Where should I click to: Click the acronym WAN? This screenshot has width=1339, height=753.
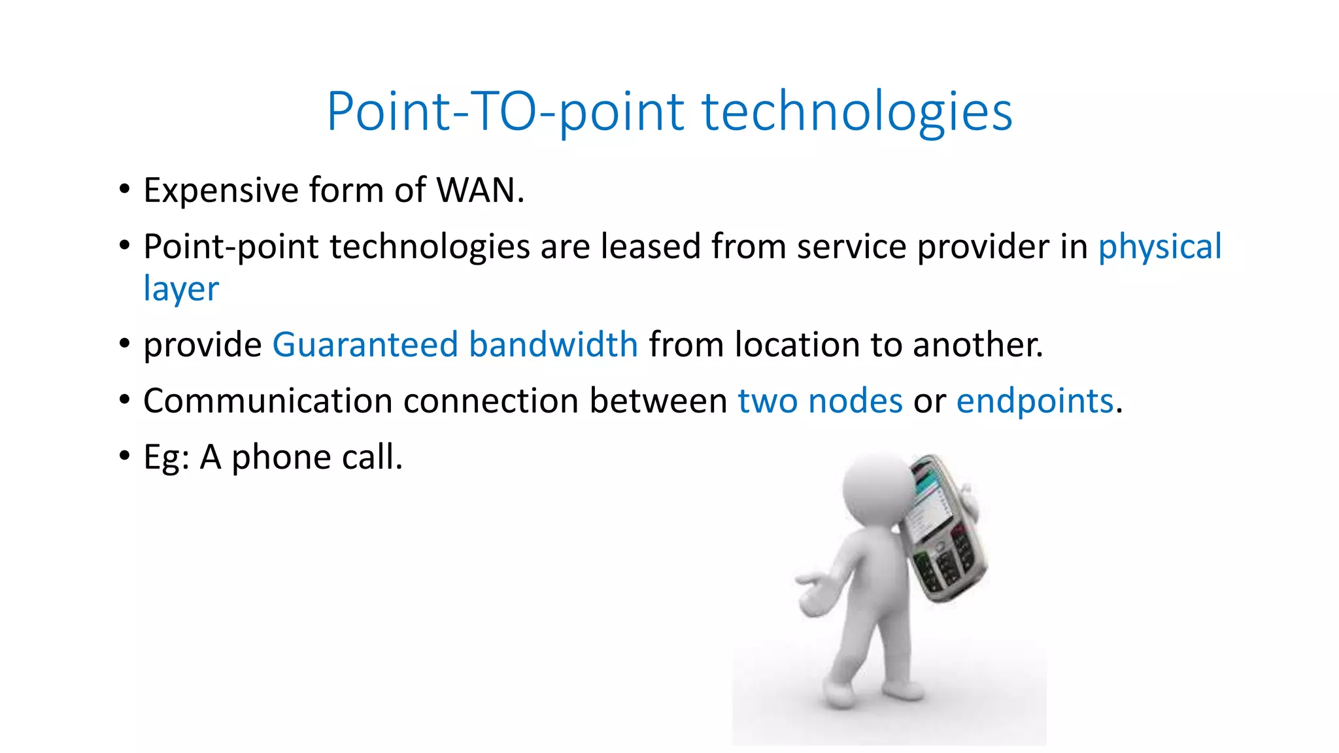coord(480,191)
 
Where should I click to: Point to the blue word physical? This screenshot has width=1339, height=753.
coord(1159,247)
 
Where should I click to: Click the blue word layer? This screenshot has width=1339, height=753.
coord(181,289)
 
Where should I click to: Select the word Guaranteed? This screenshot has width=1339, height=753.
coord(365,344)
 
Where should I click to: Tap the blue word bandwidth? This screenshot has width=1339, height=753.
coord(553,344)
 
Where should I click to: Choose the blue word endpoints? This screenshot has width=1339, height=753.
coord(1034,401)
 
